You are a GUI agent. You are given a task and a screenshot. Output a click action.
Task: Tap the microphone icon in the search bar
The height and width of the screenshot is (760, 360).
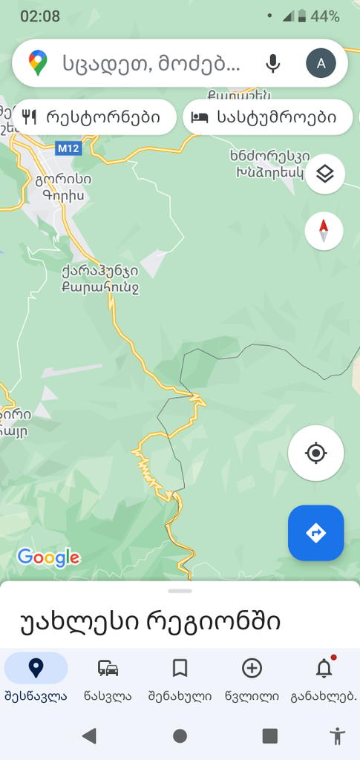[x=273, y=63]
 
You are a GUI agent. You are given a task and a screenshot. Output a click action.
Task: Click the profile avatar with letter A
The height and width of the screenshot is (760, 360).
[x=321, y=63]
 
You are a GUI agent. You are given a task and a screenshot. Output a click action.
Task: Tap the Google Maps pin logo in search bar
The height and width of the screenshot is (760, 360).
[x=38, y=63]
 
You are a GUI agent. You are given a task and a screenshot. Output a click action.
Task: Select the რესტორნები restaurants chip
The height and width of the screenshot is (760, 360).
[x=94, y=117]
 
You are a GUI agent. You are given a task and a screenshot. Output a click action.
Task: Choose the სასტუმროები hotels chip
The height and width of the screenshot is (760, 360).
[x=267, y=117]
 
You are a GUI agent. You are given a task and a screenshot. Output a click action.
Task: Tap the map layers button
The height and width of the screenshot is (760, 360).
[x=324, y=174]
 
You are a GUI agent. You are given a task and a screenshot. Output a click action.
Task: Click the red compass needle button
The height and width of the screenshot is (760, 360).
[x=324, y=232]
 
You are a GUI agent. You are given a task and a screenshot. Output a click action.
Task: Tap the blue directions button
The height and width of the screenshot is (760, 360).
[x=316, y=533]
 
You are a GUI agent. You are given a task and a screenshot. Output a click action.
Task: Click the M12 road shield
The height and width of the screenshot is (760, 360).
[x=68, y=148]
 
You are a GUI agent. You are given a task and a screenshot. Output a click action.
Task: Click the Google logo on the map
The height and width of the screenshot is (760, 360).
[x=48, y=557]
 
